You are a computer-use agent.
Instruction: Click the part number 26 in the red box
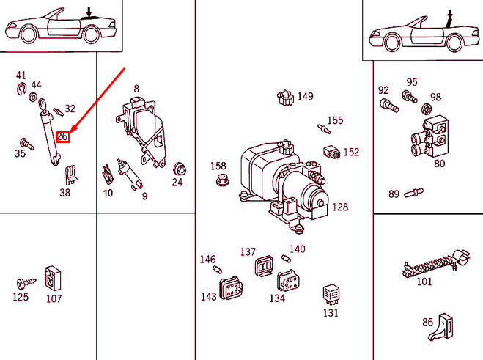[x=63, y=136]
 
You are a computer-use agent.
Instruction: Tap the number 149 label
[x=305, y=96]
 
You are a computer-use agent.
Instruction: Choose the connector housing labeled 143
[x=229, y=287]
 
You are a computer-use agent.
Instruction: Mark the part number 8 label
[x=136, y=89]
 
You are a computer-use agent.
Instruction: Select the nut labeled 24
[x=177, y=167]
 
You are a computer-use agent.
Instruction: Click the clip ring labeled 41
[x=22, y=91]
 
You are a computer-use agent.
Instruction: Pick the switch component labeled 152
[x=331, y=152]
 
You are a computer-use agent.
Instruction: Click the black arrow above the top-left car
[x=89, y=11]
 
